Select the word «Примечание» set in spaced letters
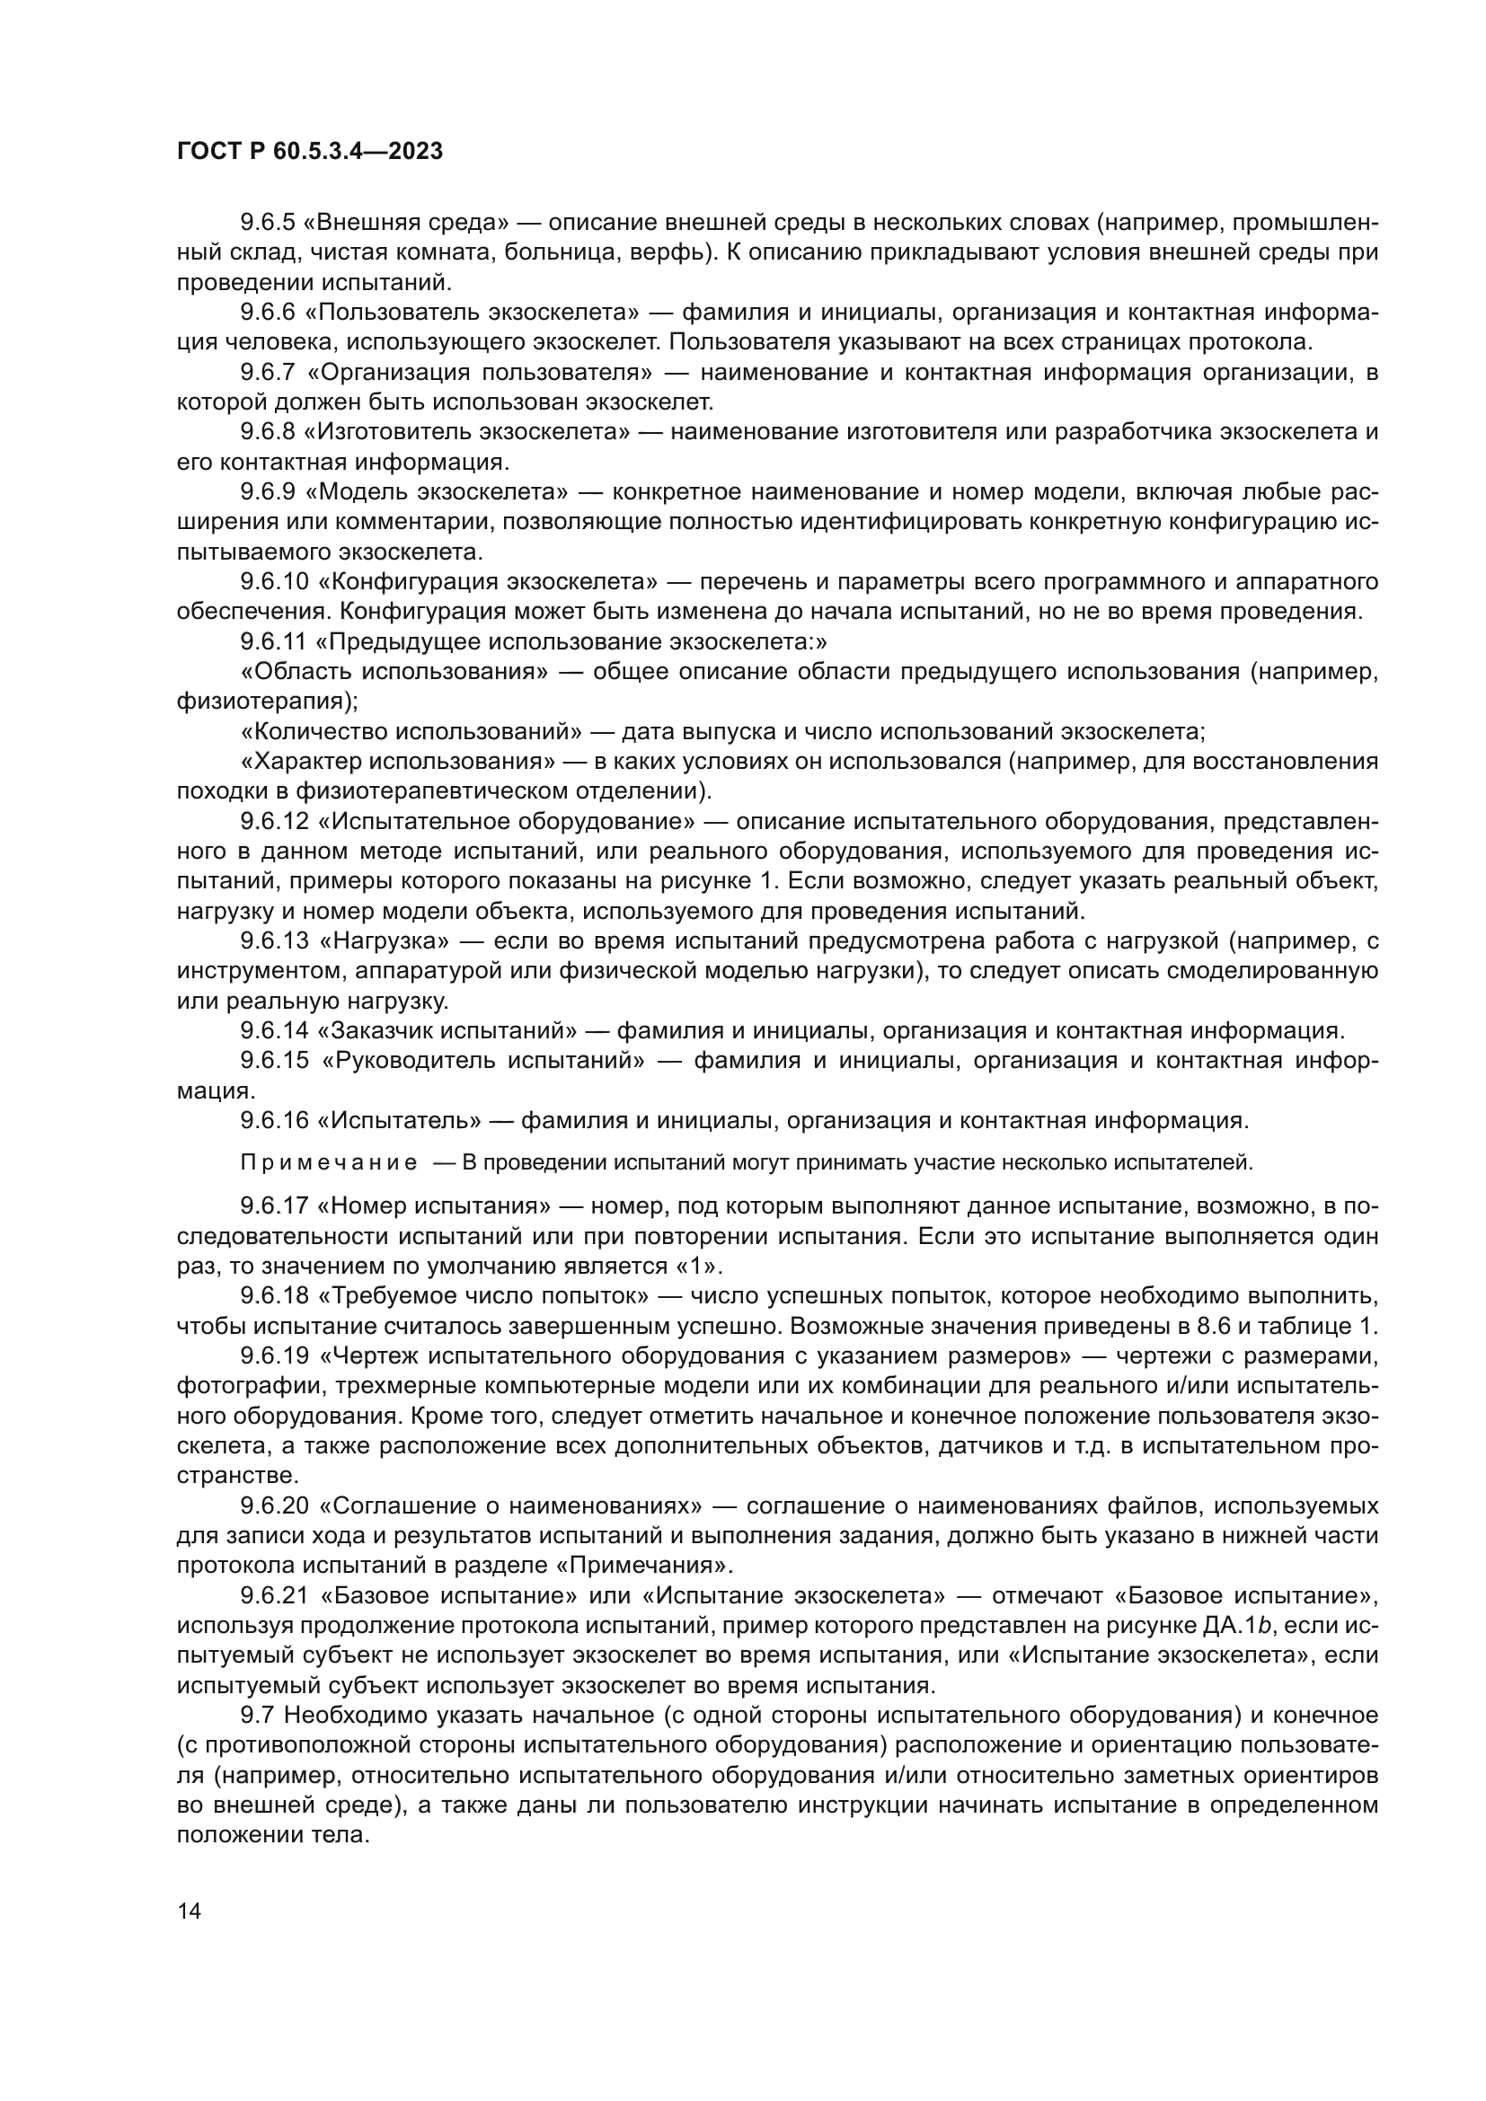click(x=329, y=1163)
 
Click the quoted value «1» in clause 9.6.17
click(x=703, y=1267)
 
